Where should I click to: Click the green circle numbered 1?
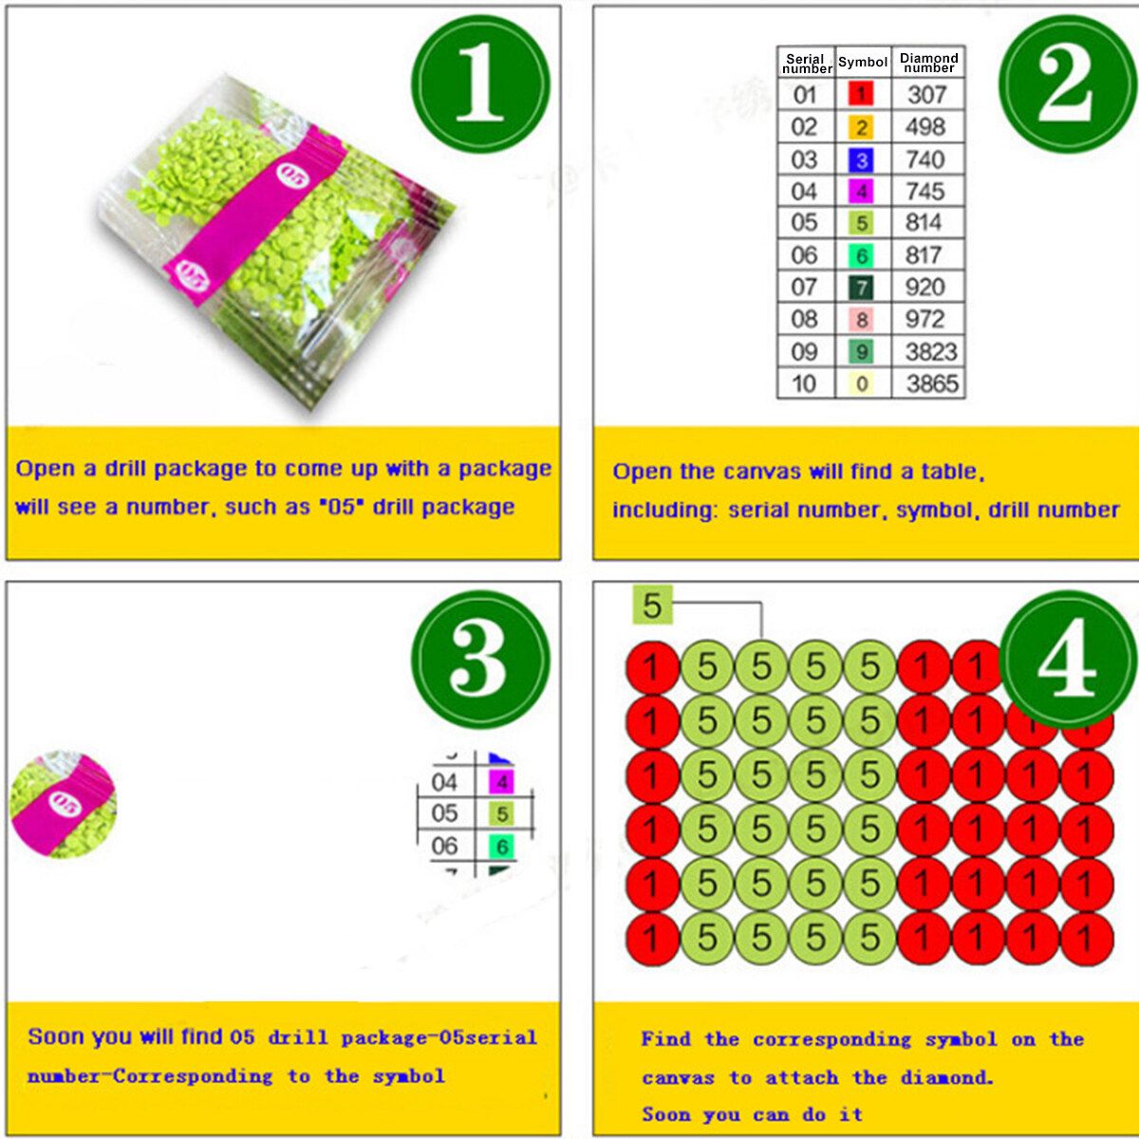click(480, 84)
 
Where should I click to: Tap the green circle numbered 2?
click(1069, 84)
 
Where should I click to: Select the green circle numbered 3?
click(480, 659)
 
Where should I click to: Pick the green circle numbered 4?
click(1069, 659)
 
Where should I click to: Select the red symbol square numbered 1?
click(861, 93)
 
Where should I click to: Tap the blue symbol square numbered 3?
click(861, 160)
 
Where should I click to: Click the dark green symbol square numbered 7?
click(861, 288)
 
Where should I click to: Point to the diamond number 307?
click(926, 95)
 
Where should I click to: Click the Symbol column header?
click(863, 62)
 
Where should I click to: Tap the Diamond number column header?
click(928, 63)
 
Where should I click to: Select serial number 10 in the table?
click(804, 384)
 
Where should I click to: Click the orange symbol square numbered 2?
click(861, 127)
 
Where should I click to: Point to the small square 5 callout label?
click(652, 605)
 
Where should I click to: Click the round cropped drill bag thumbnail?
click(64, 804)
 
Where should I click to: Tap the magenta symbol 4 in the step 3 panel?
click(501, 782)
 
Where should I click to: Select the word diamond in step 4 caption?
click(946, 1077)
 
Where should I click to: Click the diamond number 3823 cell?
click(931, 352)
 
